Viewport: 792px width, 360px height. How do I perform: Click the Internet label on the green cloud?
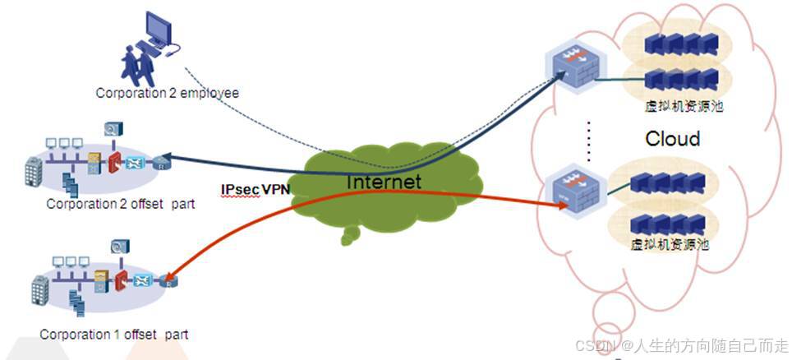384,182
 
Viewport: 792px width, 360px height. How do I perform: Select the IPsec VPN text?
256,189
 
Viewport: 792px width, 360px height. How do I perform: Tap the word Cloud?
672,138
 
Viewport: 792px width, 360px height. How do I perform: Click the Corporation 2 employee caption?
167,93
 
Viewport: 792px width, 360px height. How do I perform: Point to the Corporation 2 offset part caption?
120,203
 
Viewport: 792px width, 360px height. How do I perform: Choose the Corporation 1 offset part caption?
113,335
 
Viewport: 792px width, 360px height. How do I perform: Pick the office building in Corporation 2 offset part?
35,171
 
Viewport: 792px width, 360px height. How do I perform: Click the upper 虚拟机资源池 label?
677,105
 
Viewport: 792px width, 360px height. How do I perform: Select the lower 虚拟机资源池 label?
669,244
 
